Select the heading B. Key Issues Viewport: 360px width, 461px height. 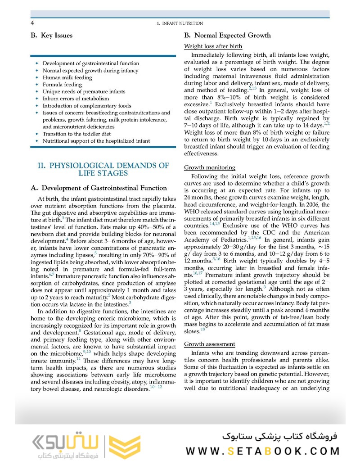coord(51,36)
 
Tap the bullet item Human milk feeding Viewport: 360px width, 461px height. coord(67,77)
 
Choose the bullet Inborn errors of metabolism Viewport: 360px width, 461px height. coord(76,99)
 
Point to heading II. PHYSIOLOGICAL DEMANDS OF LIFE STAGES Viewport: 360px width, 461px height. coord(103,169)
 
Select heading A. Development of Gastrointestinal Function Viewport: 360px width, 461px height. coord(99,188)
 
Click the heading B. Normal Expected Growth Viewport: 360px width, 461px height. coord(227,36)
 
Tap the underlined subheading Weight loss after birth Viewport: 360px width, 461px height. coord(213,46)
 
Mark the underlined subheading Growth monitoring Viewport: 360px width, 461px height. coord(210,167)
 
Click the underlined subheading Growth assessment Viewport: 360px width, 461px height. coord(210,344)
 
